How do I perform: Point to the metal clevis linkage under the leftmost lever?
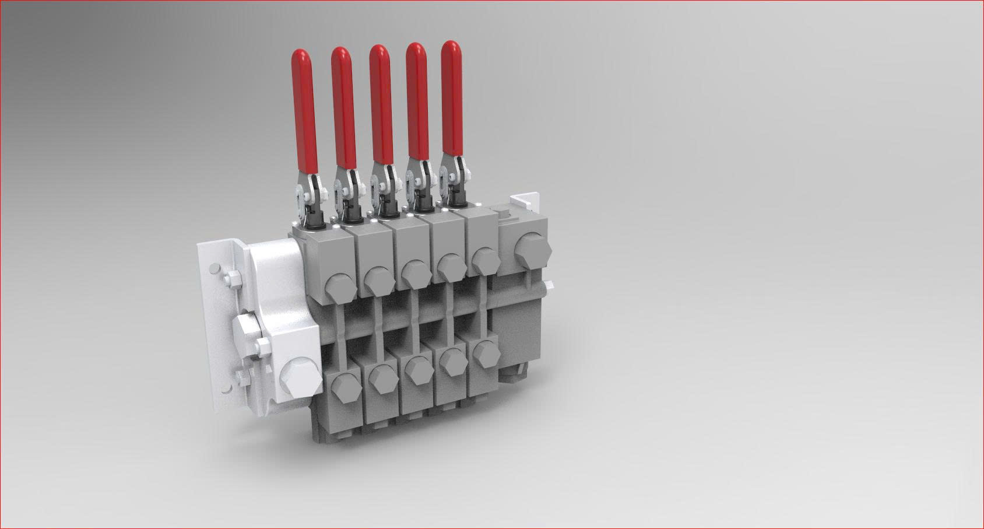[x=308, y=192]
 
